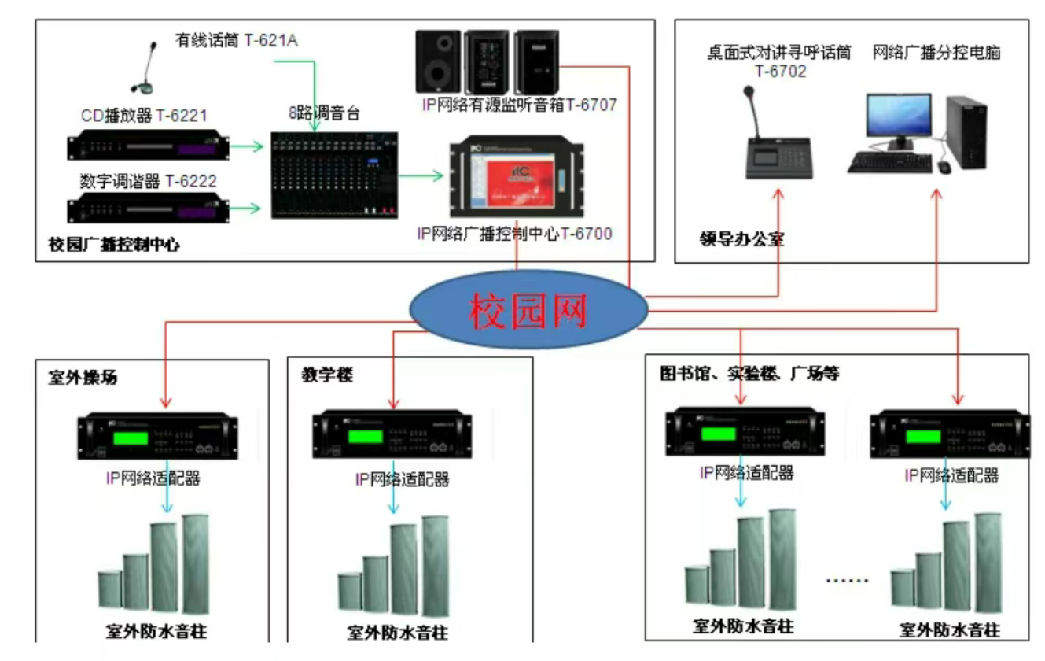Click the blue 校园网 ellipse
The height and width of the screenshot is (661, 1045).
[x=528, y=309]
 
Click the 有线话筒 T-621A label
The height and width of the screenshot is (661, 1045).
[x=236, y=40]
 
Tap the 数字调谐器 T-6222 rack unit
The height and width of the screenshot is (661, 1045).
[x=149, y=209]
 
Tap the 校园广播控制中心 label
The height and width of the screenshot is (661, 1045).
[x=115, y=245]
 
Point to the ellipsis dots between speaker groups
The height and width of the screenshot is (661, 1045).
[x=847, y=581]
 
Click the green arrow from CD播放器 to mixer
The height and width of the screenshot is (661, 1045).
[x=250, y=146]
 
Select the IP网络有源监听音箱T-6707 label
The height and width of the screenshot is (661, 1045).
[x=519, y=103]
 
